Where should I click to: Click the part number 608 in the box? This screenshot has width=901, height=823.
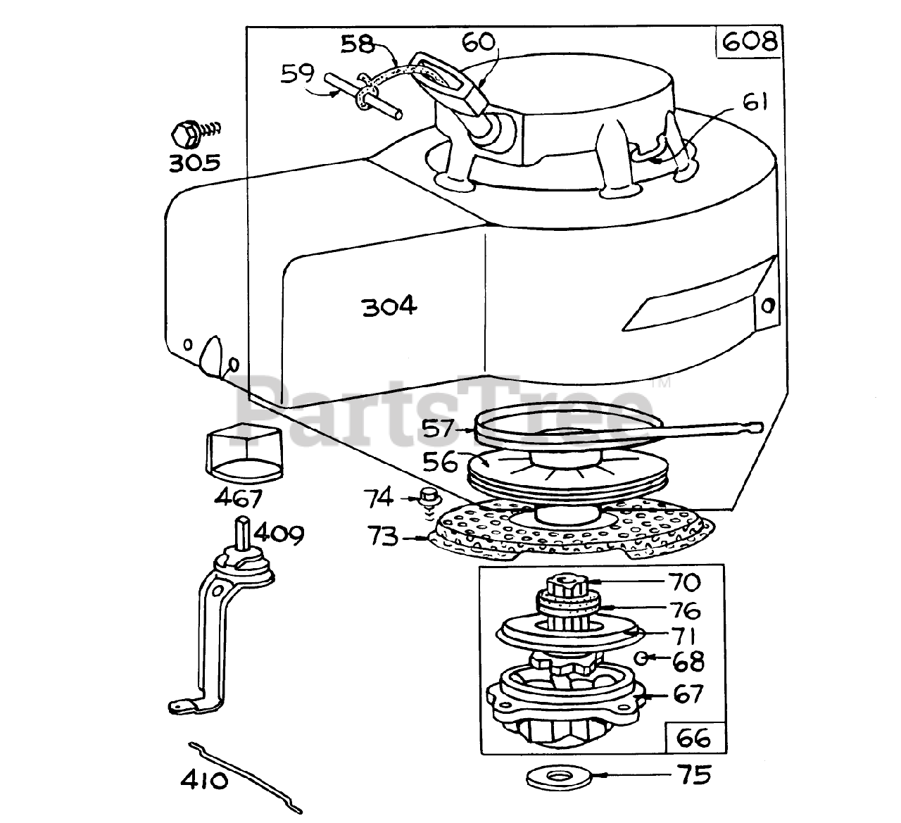click(749, 42)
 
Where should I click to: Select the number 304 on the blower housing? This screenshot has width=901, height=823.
click(389, 306)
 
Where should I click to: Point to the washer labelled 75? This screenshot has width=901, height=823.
click(559, 777)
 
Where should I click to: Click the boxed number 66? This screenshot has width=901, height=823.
click(693, 738)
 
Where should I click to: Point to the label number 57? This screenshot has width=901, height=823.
click(438, 429)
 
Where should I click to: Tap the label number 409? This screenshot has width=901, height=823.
click(279, 534)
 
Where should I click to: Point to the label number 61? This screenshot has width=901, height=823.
click(755, 102)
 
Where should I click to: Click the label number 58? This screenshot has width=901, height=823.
click(357, 44)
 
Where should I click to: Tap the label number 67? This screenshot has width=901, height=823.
click(688, 694)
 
